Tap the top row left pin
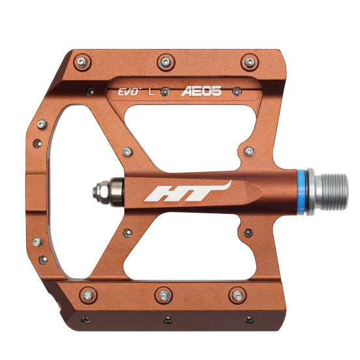click(82, 62)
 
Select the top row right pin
click(249, 62)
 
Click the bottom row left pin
click(87, 295)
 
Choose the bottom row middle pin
click(163, 295)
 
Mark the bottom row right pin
click(237, 295)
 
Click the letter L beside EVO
click(151, 91)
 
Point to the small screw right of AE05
click(237, 91)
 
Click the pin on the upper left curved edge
click(42, 124)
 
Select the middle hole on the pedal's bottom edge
click(167, 320)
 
